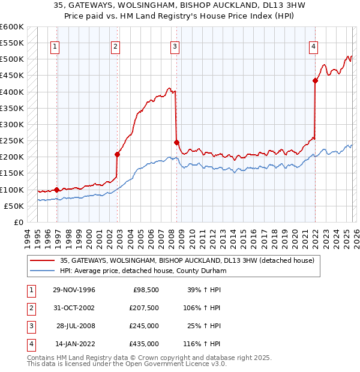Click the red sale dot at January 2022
click(315, 80)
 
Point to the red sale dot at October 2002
click(118, 154)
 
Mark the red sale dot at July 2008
click(176, 142)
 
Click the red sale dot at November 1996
click(57, 190)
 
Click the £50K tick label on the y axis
click(14, 206)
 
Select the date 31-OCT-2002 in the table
click(73, 308)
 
